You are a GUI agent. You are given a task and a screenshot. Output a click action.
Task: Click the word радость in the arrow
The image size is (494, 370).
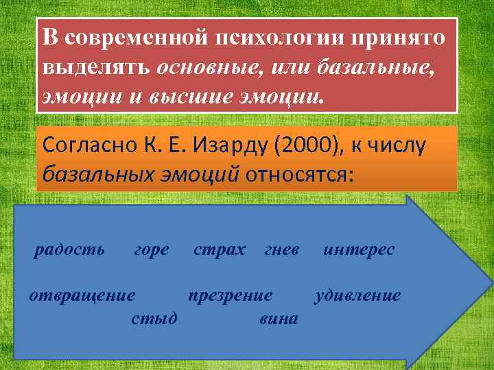(69, 250)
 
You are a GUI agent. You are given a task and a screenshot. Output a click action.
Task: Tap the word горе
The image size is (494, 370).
(151, 250)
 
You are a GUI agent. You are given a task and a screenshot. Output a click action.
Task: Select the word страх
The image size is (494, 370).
(219, 250)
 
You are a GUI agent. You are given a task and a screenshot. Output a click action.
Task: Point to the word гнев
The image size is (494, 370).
(281, 250)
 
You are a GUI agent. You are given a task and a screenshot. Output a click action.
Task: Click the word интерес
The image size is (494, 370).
(359, 250)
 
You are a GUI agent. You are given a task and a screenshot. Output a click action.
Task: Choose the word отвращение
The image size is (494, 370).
(82, 296)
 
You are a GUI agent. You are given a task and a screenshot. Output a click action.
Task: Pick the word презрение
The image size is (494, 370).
(231, 296)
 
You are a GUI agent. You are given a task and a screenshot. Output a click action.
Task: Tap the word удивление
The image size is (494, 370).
(357, 296)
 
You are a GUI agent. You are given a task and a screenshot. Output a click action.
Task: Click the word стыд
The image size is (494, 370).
(154, 318)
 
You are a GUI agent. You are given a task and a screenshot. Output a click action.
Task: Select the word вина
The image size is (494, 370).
(279, 318)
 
